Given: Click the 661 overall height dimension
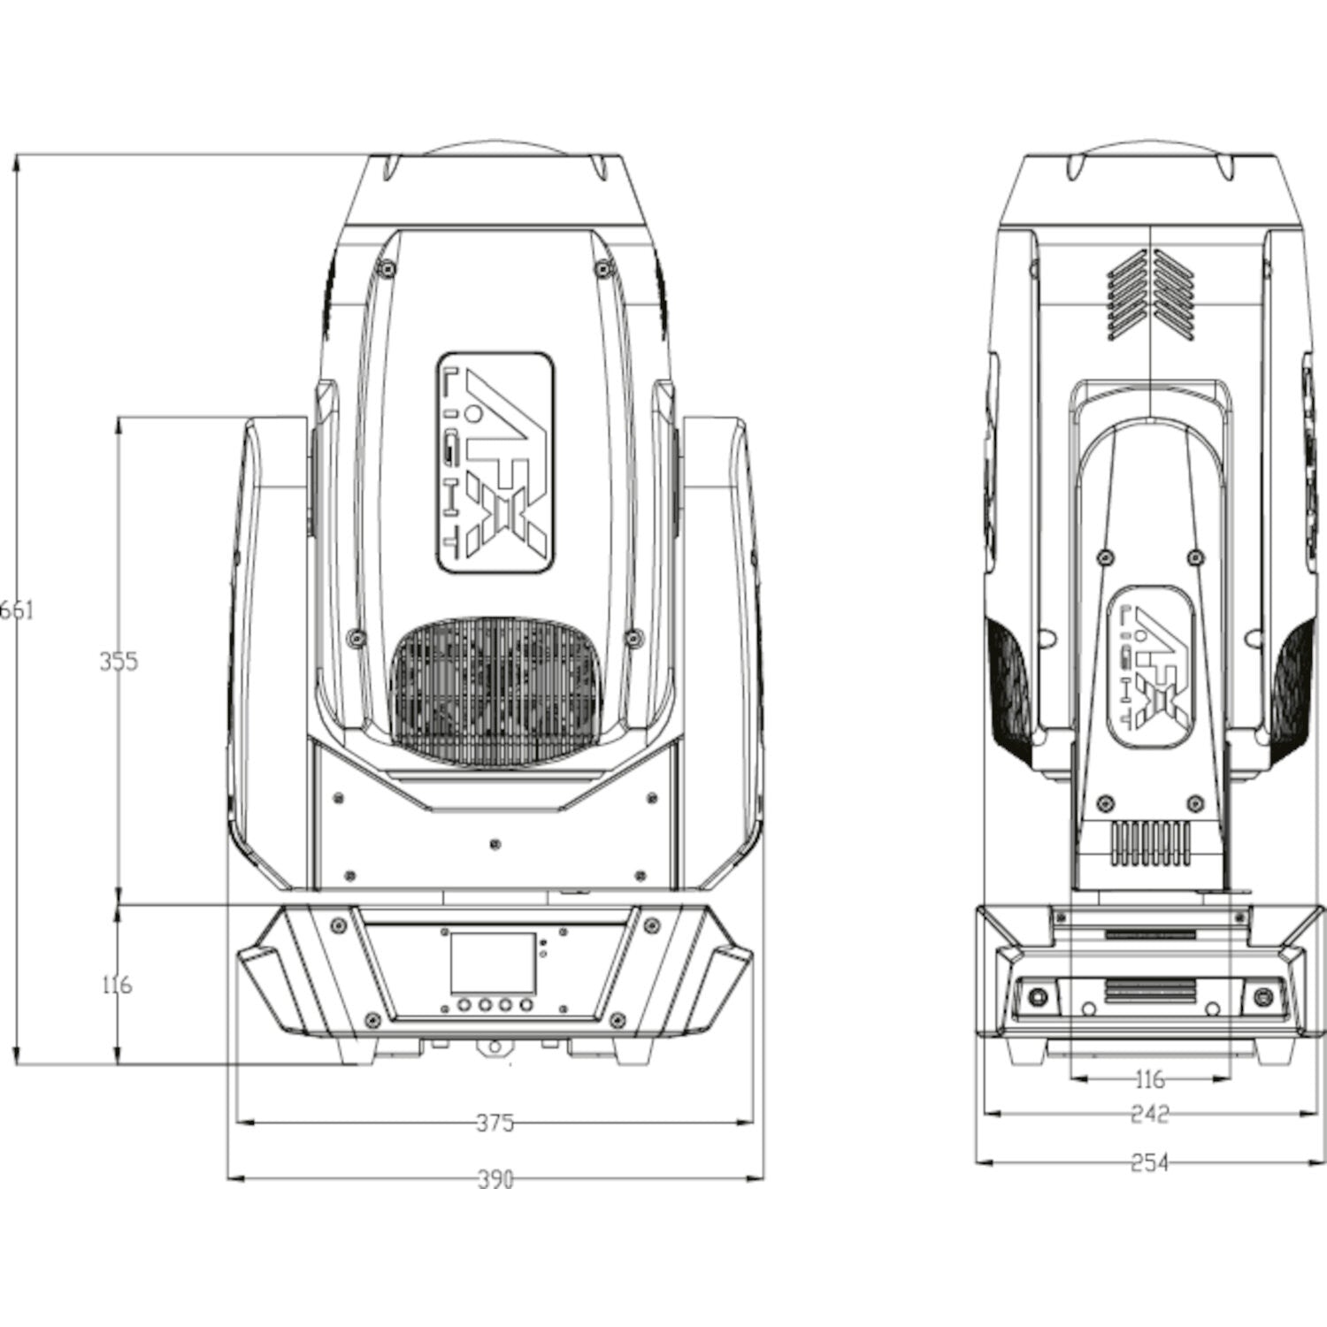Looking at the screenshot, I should point(17,610).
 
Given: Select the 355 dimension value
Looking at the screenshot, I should point(119,661).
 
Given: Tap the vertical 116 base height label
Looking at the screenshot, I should point(117,984).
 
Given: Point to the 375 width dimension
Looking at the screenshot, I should point(495,1123).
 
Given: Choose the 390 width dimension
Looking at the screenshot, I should point(495,1179).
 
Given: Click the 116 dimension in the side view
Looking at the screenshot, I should point(1149,1079).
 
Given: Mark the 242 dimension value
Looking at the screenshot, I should point(1149,1114).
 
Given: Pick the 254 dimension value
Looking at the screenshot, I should point(1149,1162).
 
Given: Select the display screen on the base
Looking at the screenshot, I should point(493,962).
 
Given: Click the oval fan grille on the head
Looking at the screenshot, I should point(495,690).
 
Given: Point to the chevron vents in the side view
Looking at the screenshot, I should point(1150,295).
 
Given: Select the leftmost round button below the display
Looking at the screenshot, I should point(464,1005).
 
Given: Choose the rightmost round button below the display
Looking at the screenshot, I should point(526,1005).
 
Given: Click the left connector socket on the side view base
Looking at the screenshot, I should point(1037,998).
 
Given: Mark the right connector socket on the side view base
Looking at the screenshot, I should point(1262,998).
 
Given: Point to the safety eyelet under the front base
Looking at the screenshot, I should point(494,1047).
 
